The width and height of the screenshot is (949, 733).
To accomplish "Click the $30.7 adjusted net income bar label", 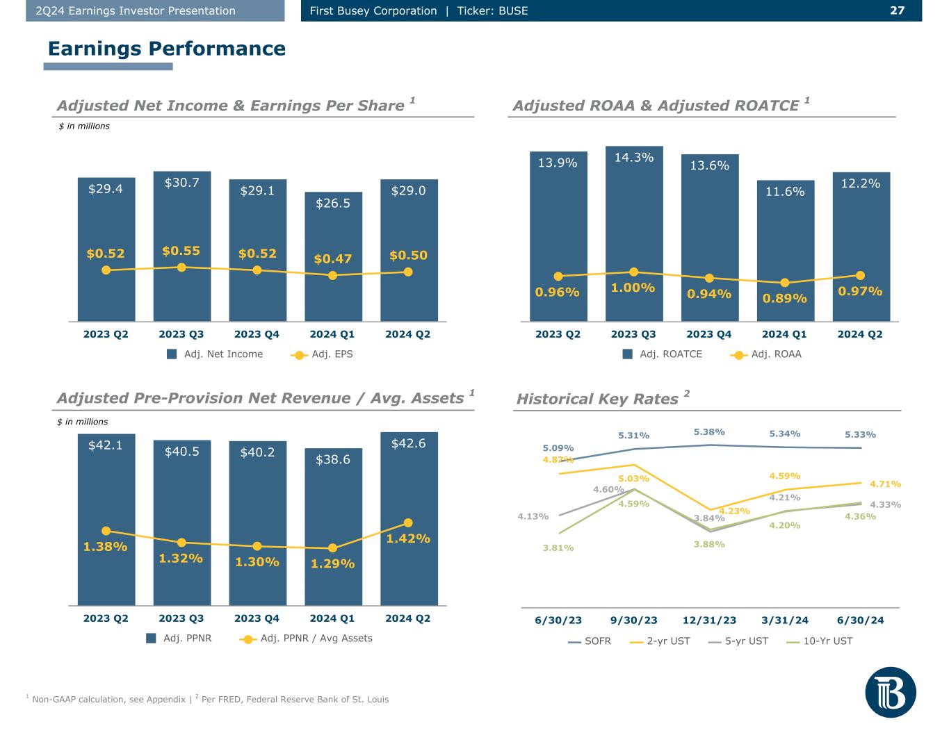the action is pyautogui.click(x=181, y=182).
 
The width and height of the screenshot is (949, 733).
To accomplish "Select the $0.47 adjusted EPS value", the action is pyautogui.click(x=332, y=258).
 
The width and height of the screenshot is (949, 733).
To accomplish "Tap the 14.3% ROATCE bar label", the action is pyautogui.click(x=633, y=157).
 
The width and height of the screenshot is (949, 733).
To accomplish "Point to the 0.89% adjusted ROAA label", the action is pyautogui.click(x=784, y=298).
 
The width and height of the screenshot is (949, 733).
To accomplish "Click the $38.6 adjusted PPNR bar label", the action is pyautogui.click(x=333, y=459).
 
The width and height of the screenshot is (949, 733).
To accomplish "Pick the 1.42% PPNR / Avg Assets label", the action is pyautogui.click(x=408, y=538).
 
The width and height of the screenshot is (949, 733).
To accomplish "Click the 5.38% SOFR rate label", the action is pyautogui.click(x=709, y=432).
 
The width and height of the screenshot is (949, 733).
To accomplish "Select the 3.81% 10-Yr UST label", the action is pyautogui.click(x=558, y=547).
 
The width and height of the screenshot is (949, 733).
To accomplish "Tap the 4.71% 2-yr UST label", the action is pyautogui.click(x=885, y=484).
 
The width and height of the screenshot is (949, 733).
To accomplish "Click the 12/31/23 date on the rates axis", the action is pyautogui.click(x=709, y=620).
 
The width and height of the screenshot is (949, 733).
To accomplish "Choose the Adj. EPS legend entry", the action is pyautogui.click(x=322, y=354).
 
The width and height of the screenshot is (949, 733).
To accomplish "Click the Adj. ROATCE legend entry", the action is pyautogui.click(x=662, y=354).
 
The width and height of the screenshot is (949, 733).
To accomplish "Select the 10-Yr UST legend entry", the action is pyautogui.click(x=819, y=641).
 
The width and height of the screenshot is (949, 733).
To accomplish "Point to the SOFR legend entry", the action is pyautogui.click(x=589, y=641).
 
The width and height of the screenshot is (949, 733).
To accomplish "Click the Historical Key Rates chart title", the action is pyautogui.click(x=597, y=399).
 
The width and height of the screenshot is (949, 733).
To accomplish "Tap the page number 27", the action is pyautogui.click(x=897, y=10).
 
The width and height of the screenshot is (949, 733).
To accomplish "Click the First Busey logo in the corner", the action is pyautogui.click(x=891, y=693).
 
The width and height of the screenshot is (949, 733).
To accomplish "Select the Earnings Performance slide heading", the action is pyautogui.click(x=167, y=49).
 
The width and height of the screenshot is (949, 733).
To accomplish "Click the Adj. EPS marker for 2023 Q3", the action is pyautogui.click(x=181, y=267).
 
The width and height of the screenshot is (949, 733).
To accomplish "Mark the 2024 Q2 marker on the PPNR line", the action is pyautogui.click(x=408, y=522).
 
